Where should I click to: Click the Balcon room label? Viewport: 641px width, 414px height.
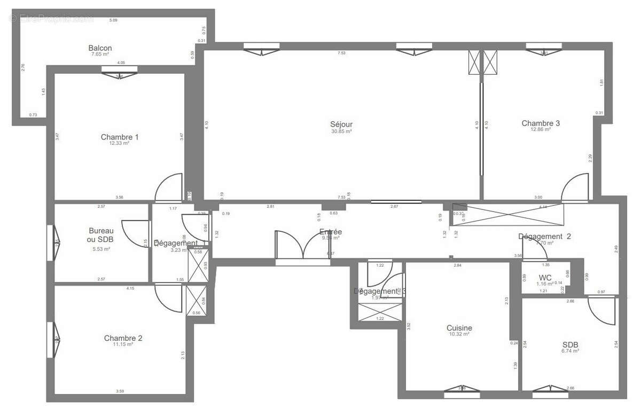100,48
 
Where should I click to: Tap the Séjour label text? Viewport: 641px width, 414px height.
341,124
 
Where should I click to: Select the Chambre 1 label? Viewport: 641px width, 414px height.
120,137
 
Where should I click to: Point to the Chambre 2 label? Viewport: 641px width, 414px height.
123,338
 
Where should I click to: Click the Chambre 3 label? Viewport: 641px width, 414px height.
541,123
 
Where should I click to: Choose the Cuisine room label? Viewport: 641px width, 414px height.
459,328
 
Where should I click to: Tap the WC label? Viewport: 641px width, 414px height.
545,277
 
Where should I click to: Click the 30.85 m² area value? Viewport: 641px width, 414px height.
341,131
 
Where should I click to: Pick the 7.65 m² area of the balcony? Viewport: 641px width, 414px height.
100,54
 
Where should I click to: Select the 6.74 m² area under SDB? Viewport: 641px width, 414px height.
570,351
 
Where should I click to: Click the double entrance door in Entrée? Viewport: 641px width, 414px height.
303,247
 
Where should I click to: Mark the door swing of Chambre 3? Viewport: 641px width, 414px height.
576,187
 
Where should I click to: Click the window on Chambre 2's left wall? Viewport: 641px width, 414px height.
52,340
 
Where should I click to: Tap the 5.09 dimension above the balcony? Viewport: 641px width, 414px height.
113,20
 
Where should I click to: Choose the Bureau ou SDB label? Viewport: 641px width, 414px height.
100,235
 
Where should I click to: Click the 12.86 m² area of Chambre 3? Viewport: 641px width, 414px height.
541,130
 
